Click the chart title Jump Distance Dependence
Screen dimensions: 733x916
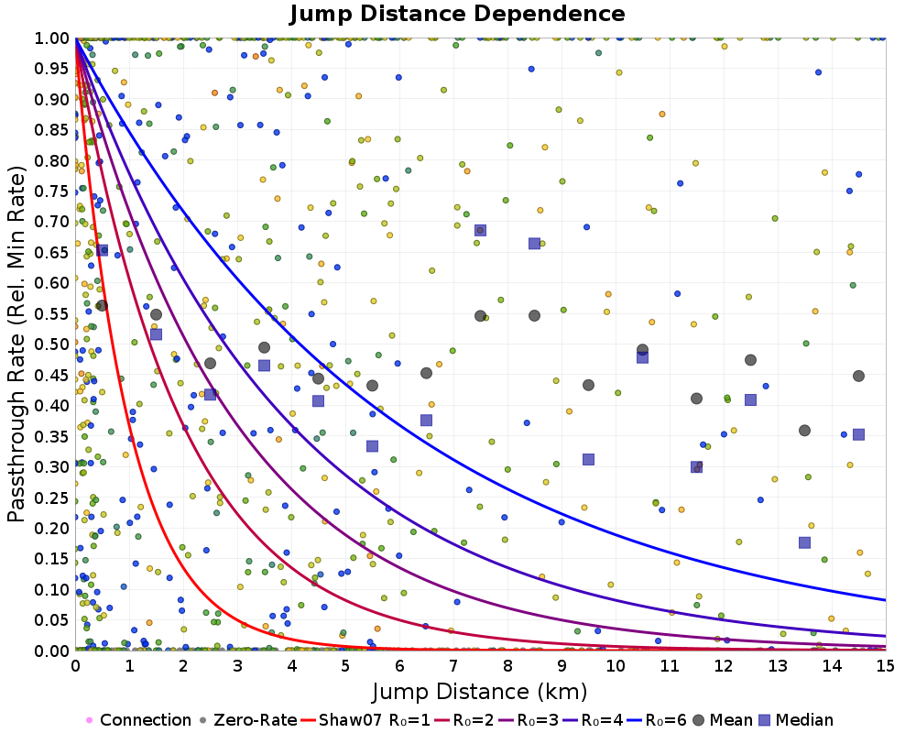(x=457, y=15)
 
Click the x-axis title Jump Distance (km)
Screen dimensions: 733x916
(x=480, y=691)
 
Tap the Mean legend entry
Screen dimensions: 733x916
(x=720, y=720)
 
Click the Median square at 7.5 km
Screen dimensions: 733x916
(x=480, y=230)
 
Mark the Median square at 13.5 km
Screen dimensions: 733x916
(x=804, y=542)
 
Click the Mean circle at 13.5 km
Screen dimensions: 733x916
(x=804, y=431)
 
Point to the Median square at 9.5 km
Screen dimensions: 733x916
(x=588, y=459)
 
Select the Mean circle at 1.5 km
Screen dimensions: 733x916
(x=156, y=314)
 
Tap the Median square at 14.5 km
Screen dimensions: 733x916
(x=858, y=434)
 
